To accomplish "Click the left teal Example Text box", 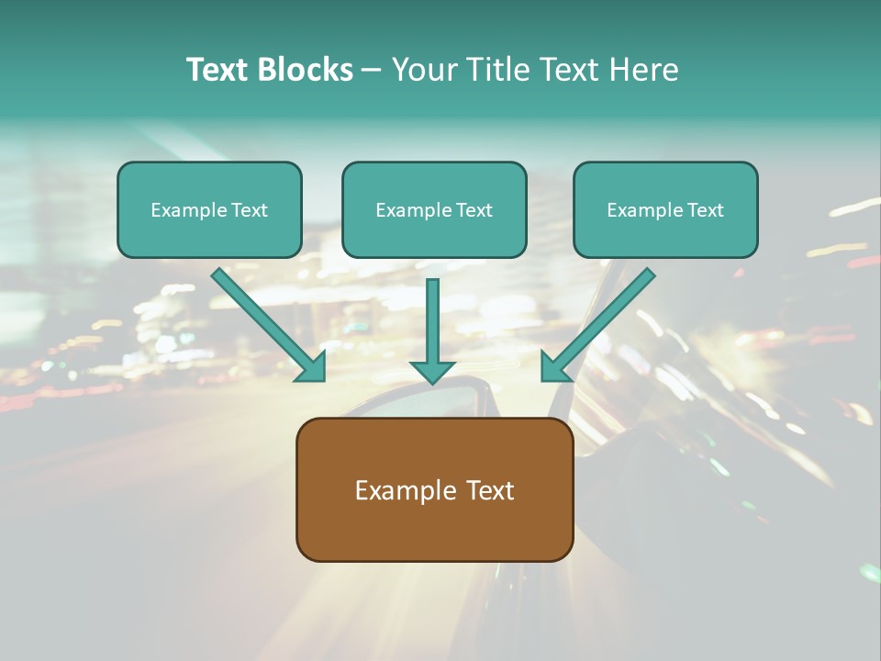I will [209, 210].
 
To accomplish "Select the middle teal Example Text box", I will [434, 210].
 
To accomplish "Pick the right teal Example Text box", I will [665, 210].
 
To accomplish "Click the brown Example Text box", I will [434, 490].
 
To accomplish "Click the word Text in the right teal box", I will [705, 210].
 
